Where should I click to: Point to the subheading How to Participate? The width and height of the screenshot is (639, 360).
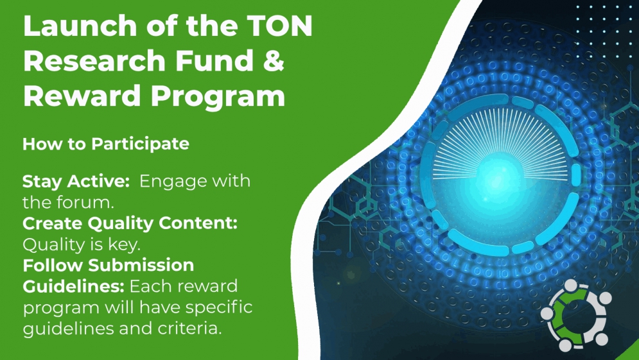click(x=106, y=144)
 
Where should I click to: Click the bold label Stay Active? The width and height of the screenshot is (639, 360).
click(x=76, y=181)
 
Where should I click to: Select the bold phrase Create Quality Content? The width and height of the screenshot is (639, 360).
click(x=130, y=223)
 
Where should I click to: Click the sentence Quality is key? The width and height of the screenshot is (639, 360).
click(x=82, y=244)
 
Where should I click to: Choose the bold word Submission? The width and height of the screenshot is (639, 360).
click(x=141, y=265)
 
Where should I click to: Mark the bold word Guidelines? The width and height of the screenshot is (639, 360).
click(x=73, y=286)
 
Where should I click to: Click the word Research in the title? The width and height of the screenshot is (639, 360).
click(x=94, y=60)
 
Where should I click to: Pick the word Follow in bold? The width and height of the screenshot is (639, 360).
click(x=53, y=265)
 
